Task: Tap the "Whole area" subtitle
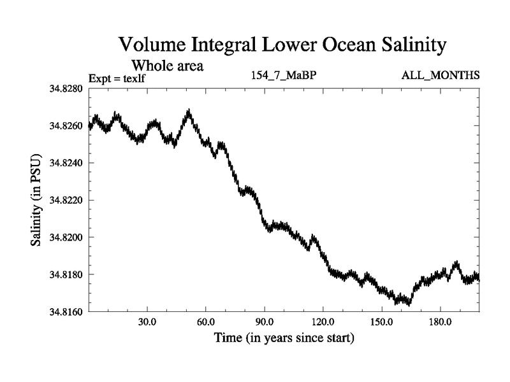click(167, 65)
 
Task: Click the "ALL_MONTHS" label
click(440, 76)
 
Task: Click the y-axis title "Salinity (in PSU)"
click(37, 200)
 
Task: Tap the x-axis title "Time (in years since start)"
click(284, 337)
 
